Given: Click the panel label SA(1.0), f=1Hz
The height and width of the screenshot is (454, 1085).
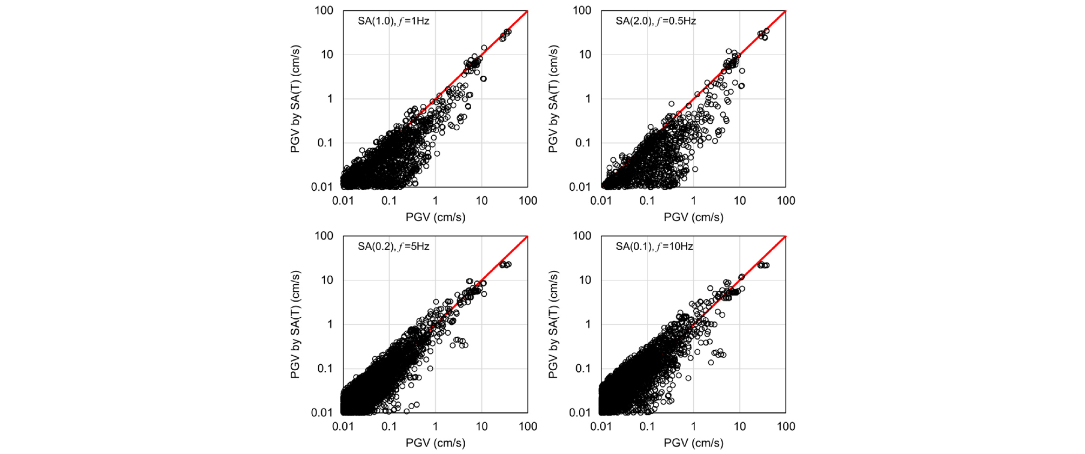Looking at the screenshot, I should (x=393, y=21).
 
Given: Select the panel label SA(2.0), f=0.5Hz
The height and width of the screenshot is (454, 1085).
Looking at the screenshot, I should (x=655, y=21).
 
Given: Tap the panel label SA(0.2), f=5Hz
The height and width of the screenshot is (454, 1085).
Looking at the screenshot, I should (x=393, y=246).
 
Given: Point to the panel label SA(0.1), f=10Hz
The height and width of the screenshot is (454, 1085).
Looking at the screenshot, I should (x=654, y=246).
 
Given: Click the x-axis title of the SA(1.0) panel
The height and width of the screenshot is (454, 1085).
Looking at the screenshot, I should (x=436, y=217).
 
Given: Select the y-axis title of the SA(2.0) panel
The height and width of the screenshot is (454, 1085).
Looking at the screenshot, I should (x=553, y=99).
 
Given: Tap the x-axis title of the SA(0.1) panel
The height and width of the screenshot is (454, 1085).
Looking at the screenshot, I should (x=693, y=443).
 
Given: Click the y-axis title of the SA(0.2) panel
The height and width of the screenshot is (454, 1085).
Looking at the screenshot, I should (x=295, y=324).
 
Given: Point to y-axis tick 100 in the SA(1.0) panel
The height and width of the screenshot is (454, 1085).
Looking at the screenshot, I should (x=324, y=10).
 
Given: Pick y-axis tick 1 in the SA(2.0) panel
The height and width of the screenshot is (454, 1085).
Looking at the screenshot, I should (x=588, y=99).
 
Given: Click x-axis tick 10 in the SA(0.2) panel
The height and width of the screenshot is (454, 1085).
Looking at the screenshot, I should (x=481, y=426).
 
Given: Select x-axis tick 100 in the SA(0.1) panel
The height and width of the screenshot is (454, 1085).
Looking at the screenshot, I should (x=786, y=426).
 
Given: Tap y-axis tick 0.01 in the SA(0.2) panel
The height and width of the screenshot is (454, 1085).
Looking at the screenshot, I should (x=322, y=412).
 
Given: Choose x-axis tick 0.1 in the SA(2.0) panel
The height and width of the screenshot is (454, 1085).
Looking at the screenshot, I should (x=647, y=201).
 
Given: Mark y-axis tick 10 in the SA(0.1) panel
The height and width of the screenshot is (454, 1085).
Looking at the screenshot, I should (x=585, y=280).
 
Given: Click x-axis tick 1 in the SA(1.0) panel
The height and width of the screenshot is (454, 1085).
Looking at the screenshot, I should (x=436, y=201).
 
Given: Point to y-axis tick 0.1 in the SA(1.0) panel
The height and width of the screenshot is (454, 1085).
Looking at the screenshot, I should (x=325, y=143).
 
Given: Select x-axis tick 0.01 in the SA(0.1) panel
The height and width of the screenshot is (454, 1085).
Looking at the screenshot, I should (x=601, y=426).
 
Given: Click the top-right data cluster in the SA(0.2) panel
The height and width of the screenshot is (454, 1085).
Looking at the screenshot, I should (x=505, y=264).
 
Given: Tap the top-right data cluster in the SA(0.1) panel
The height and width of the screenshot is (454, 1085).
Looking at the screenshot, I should (x=763, y=265).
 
